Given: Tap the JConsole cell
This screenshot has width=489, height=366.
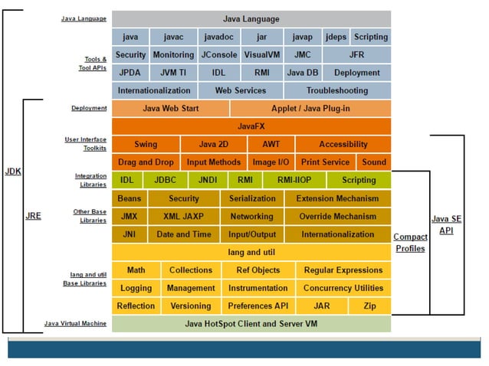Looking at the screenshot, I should point(218,55).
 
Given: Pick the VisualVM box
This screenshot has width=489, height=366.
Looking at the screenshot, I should point(261,55).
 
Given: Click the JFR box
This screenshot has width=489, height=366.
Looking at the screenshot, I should point(356,55).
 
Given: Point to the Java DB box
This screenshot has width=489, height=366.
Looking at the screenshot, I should point(302,73).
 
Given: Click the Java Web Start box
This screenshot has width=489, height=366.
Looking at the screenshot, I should point(170,109).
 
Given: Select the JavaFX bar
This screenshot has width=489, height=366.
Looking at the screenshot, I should point(251,126).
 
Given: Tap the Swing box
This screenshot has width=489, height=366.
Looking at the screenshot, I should point(146,144).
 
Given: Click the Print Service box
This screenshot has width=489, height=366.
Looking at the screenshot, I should point(325,162).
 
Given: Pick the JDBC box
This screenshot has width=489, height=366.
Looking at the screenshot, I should point(165,180).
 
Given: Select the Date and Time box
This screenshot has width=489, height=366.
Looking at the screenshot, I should point(183,234).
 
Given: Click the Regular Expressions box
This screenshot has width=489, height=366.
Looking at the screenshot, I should point(343,270).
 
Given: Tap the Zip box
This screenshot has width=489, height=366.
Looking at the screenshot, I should point(369,306).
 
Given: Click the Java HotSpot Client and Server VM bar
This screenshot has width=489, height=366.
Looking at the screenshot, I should point(251,324).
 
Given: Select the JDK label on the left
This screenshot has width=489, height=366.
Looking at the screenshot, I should point(13,172).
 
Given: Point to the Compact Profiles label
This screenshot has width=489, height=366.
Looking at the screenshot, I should point(410,243).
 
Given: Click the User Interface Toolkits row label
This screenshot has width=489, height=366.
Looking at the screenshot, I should point(86,143).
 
